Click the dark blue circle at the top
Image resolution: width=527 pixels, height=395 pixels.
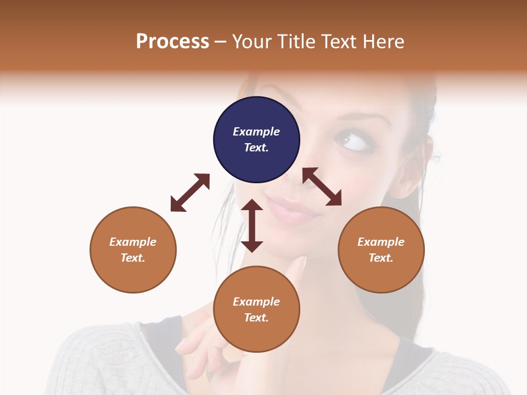tap(256, 140)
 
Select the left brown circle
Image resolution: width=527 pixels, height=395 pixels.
tap(133, 250)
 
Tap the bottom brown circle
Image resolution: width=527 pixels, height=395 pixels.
tap(256, 309)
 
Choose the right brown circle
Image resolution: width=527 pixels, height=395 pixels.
tap(381, 250)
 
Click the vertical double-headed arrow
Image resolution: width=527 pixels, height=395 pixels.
tap(252, 225)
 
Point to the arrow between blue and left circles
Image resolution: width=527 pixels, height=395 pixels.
tap(190, 193)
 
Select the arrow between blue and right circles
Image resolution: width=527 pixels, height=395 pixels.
tap(322, 187)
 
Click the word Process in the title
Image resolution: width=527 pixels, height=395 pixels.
tap(172, 41)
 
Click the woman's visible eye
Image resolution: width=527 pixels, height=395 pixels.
tap(351, 142)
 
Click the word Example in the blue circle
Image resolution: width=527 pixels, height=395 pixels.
tap(256, 132)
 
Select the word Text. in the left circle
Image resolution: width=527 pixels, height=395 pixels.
tap(133, 258)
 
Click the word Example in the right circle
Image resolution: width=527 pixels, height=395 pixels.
tap(381, 242)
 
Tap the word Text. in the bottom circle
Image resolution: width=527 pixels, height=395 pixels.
tap(256, 318)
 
